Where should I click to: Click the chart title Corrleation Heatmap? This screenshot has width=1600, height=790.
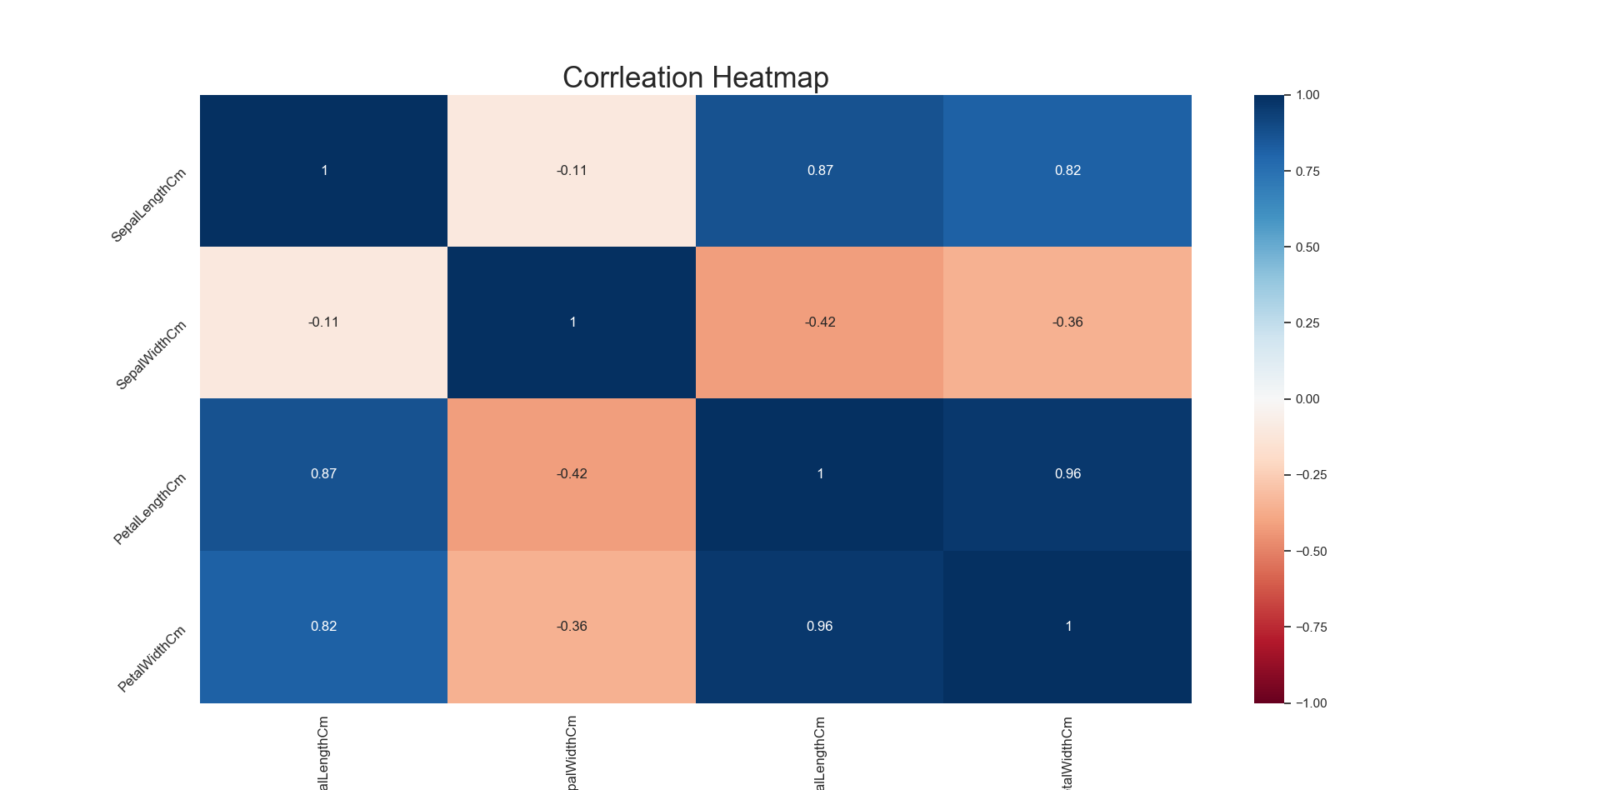coord(695,77)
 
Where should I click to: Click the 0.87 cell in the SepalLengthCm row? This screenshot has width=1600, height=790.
coord(819,171)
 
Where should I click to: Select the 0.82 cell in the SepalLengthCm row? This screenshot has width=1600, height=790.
coord(1067,171)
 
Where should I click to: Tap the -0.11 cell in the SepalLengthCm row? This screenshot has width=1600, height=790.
coord(572,171)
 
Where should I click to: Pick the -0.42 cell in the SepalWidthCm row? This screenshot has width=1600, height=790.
coord(819,322)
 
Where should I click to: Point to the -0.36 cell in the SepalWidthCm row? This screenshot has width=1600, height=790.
coord(1067,322)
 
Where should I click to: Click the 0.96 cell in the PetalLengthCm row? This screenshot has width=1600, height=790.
coord(1067,474)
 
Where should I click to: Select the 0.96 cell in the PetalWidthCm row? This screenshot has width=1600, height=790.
coord(819,627)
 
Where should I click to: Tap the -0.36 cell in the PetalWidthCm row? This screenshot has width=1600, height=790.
coord(572,627)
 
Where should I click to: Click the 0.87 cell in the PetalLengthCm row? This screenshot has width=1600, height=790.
coord(323,474)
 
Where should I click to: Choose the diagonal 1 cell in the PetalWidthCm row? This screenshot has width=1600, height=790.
coord(1067,627)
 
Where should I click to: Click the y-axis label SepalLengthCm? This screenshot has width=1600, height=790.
coord(149,205)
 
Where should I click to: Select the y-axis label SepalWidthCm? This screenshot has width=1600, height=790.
coord(152,355)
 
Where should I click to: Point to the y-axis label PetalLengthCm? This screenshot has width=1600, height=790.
coord(150,509)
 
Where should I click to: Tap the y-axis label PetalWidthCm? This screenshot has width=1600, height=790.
coord(152,659)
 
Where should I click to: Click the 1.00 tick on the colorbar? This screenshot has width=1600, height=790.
coord(1307,95)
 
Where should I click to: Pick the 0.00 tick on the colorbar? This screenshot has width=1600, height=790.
coord(1307,399)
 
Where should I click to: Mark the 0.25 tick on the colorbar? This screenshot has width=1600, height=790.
coord(1307,323)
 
